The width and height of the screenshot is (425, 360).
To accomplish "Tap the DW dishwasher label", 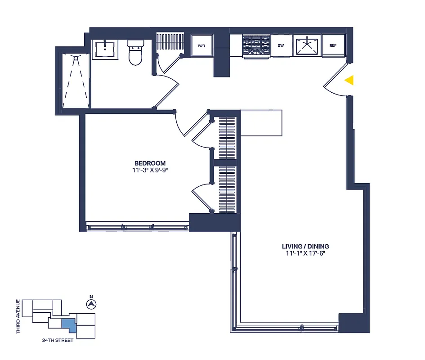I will point(281,45).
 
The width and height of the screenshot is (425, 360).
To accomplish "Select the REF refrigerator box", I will point(333,45).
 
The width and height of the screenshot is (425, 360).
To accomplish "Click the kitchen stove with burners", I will point(256,45).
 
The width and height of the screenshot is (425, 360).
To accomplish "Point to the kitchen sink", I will point(306,45).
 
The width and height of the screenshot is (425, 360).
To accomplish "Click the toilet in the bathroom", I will point(135,53).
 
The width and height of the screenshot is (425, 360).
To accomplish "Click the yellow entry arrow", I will point(349,80).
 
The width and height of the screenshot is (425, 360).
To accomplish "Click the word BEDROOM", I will point(150,163).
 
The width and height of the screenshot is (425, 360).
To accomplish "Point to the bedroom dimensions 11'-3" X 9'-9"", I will point(150,170).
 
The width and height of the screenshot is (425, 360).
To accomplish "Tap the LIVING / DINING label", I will point(305,246).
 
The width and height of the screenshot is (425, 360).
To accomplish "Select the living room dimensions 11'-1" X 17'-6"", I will point(305,253).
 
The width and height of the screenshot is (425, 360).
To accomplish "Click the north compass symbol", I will point(91,304).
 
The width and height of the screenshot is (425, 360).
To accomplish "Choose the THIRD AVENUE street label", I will point(18,316).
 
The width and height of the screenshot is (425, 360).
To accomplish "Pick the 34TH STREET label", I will point(55,340).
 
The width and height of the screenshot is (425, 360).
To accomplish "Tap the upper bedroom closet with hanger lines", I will point(227,137).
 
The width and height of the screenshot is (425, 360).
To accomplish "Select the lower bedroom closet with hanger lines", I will point(227,189).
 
